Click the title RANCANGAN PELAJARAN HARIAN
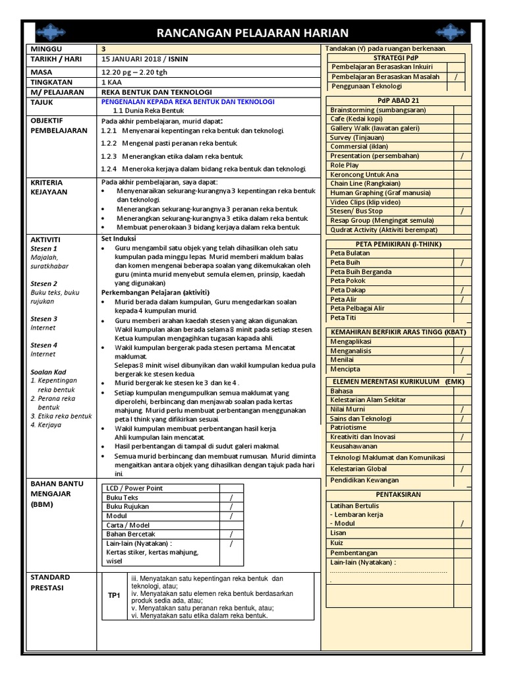pyautogui.click(x=252, y=33)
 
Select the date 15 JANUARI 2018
pyautogui.click(x=134, y=59)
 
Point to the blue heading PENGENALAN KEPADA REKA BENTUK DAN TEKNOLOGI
pyautogui.click(x=188, y=102)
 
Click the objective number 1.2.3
pyautogui.click(x=109, y=156)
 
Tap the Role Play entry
pyautogui.click(x=345, y=165)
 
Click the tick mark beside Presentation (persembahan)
pyautogui.click(x=462, y=156)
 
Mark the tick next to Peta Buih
pyautogui.click(x=462, y=262)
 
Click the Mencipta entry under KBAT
pyautogui.click(x=345, y=370)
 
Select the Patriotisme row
pyautogui.click(x=350, y=427)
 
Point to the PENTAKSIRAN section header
pyautogui.click(x=398, y=494)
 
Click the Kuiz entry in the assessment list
pyautogui.click(x=337, y=543)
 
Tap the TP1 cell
pyautogui.click(x=115, y=595)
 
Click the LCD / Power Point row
pyautogui.click(x=134, y=488)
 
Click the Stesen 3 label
pyautogui.click(x=44, y=318)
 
